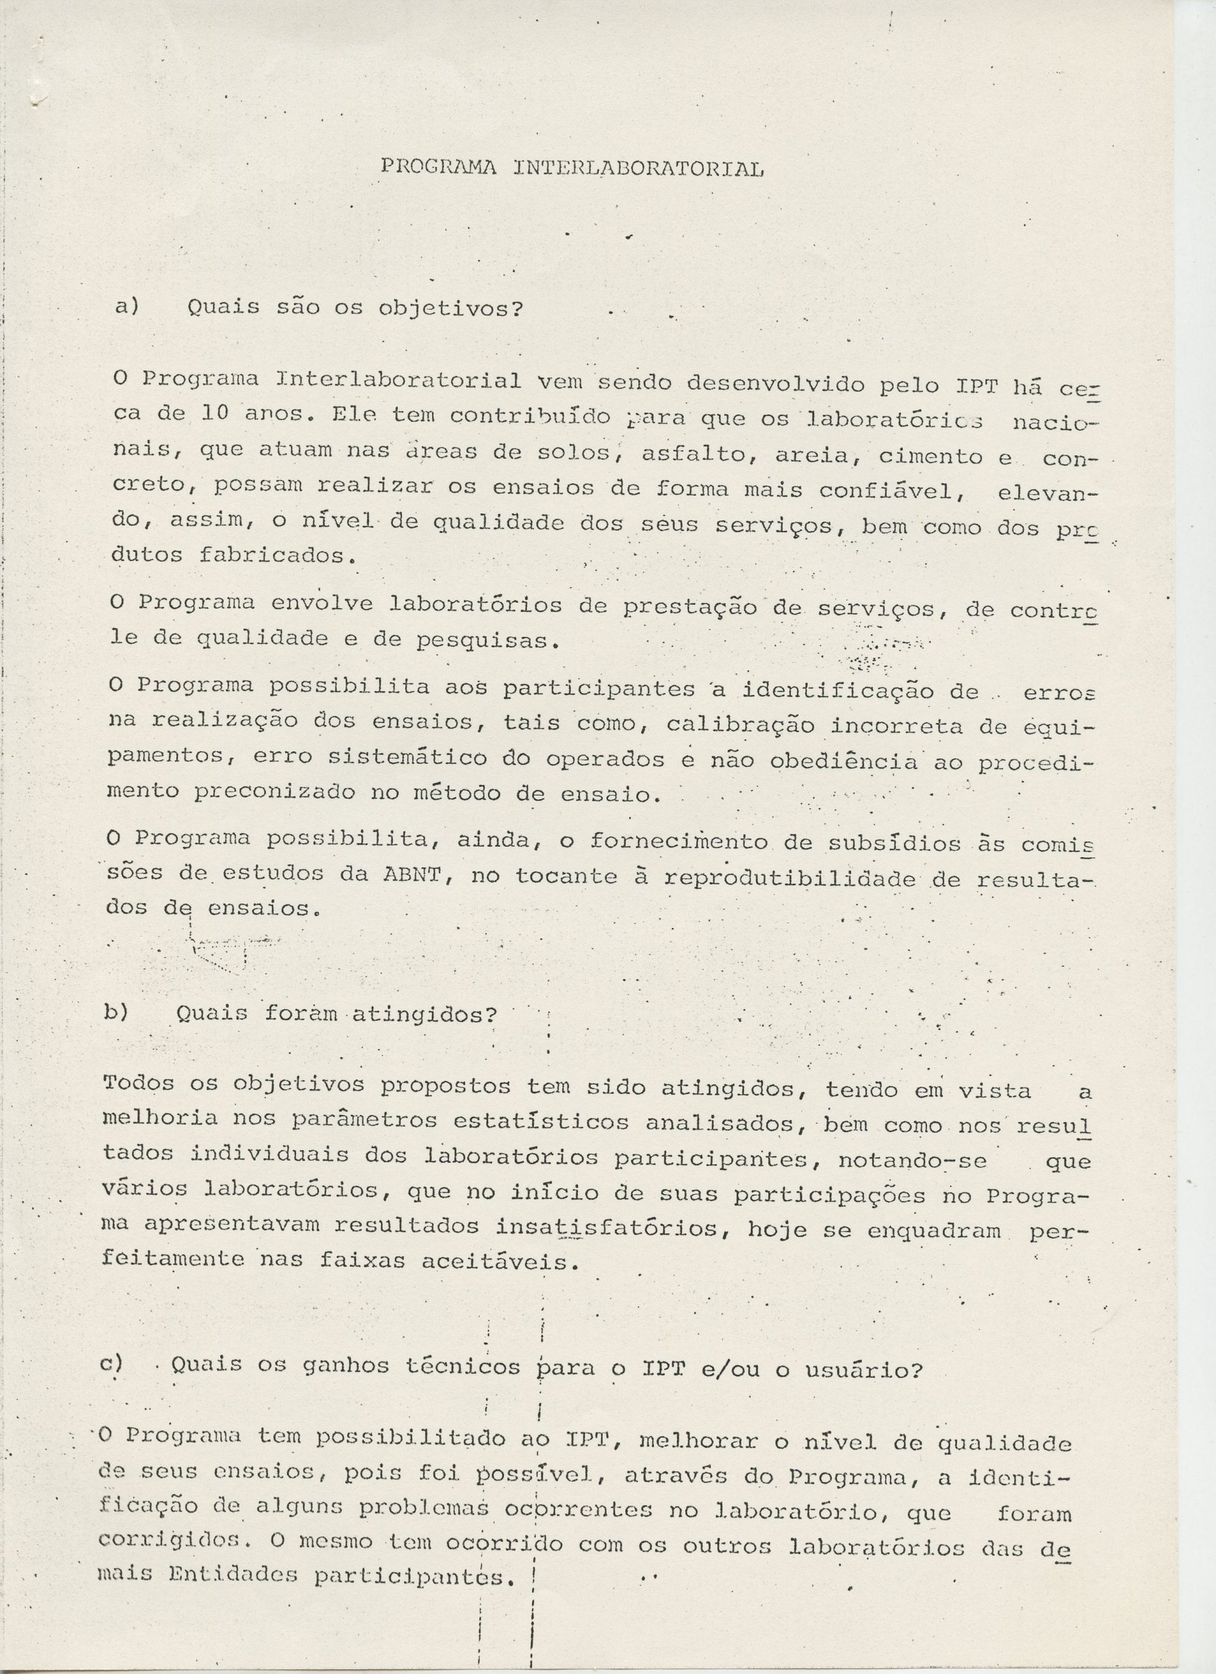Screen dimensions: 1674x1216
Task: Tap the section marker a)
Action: (x=127, y=305)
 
